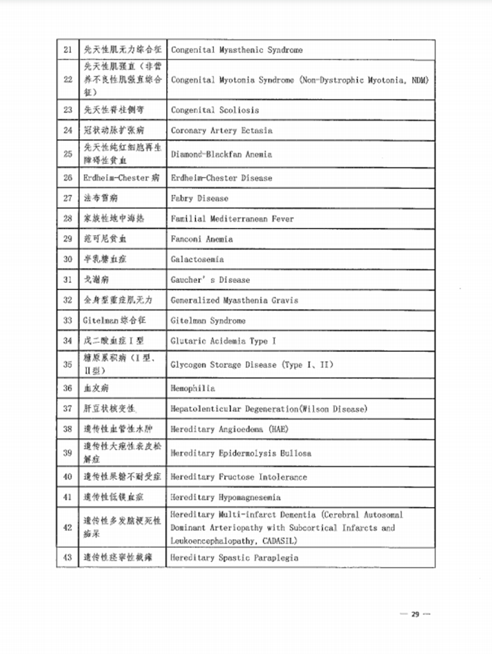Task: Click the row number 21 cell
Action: [68, 50]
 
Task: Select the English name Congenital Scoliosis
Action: [215, 110]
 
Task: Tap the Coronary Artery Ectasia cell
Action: [221, 130]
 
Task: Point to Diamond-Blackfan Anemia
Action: [221, 154]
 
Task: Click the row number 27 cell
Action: [68, 198]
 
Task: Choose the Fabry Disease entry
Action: [199, 198]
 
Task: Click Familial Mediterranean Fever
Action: [232, 218]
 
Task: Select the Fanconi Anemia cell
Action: [201, 239]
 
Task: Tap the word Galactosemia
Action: [197, 259]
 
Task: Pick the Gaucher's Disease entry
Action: [210, 280]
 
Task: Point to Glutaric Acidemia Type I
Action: [223, 341]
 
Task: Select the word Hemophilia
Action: [192, 388]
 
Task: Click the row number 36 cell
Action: [68, 388]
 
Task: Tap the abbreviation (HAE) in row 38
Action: [278, 429]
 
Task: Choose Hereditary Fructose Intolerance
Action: [238, 476]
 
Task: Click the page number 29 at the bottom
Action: [415, 614]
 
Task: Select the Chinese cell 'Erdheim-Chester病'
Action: [121, 178]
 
